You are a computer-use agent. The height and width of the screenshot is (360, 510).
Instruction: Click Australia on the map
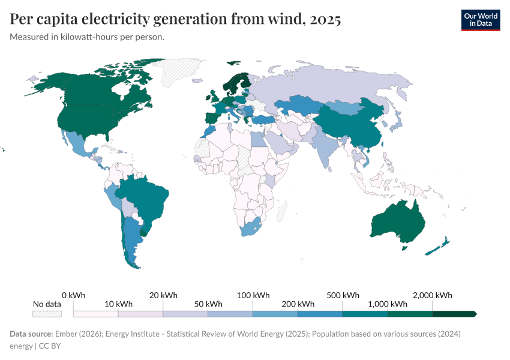[399, 222]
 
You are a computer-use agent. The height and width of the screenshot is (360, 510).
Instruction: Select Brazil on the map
[144, 198]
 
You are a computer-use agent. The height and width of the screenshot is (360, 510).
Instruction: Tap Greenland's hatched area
[183, 70]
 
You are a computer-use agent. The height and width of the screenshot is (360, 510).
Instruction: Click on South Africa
[251, 229]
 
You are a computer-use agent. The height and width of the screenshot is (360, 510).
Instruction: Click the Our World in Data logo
[481, 20]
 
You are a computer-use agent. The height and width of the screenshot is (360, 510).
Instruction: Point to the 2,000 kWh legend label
[432, 295]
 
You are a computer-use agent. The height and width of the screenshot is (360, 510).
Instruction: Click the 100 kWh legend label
[253, 295]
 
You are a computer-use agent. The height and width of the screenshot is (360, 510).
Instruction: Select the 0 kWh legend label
[73, 295]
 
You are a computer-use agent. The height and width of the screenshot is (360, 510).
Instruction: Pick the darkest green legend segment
[454, 314]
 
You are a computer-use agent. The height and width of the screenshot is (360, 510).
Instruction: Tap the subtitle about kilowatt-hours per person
[87, 37]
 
